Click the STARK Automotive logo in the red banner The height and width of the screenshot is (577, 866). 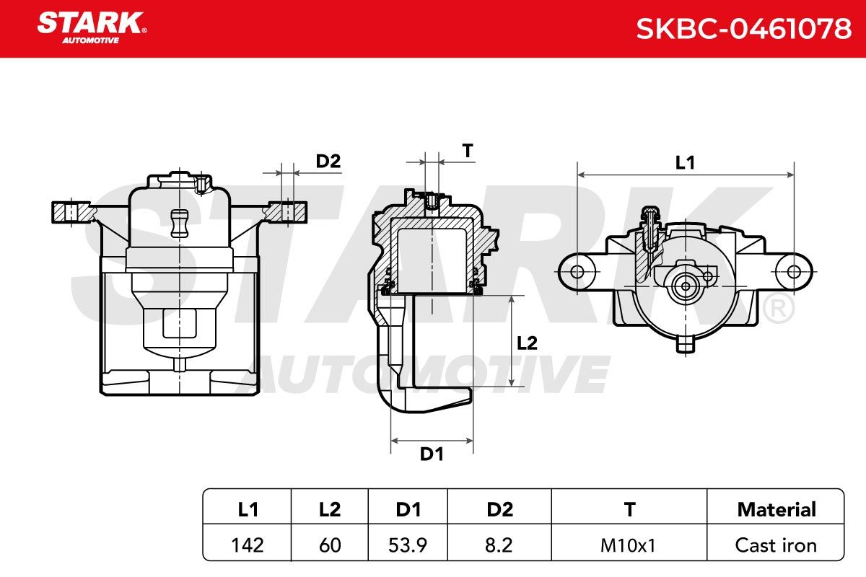[x=92, y=28]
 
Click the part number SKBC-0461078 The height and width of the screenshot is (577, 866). [x=743, y=29]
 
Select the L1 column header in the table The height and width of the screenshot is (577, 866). [x=248, y=509]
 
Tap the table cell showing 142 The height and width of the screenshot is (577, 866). [x=248, y=545]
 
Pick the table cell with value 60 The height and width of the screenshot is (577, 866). [x=330, y=545]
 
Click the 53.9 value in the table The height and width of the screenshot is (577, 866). [x=408, y=545]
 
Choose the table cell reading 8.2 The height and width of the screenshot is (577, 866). [x=499, y=545]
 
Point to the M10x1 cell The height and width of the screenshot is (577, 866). [x=628, y=545]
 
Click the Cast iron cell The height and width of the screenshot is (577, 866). [x=776, y=545]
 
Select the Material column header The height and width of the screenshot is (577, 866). [x=777, y=509]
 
